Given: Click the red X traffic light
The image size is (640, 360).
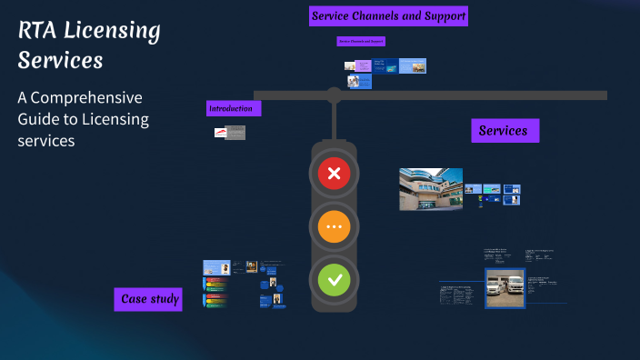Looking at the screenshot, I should (334, 173).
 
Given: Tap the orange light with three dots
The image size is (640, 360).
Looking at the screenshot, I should (334, 226).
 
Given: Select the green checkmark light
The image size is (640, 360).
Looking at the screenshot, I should (334, 279).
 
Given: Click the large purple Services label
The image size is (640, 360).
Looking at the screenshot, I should (504, 131).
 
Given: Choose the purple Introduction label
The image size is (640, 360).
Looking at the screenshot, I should (234, 108).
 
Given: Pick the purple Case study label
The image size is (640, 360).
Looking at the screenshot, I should (148, 299).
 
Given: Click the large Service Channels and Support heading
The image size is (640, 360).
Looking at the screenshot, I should (388, 15).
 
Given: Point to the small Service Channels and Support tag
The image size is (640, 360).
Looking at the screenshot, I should (361, 41).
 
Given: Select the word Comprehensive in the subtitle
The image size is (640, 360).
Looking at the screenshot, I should (90, 97).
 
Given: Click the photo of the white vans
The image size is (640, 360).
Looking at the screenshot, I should (505, 288).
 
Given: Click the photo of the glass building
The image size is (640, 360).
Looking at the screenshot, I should (431, 189).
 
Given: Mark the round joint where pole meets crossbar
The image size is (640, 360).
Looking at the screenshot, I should (334, 95).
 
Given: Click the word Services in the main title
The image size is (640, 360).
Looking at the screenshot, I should (60, 61).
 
